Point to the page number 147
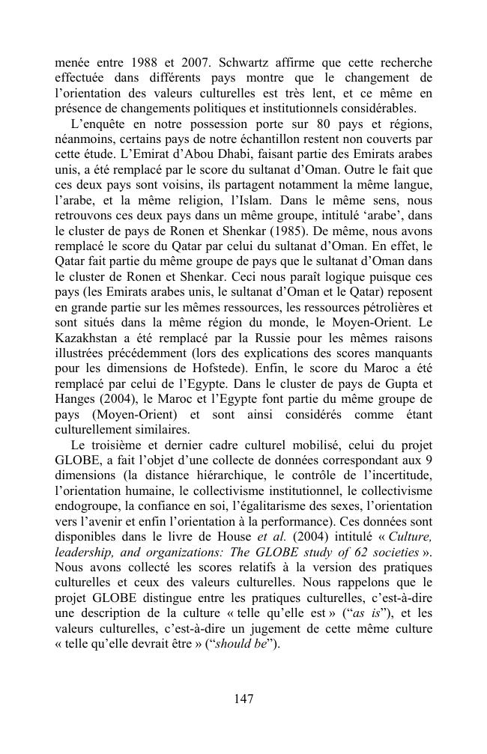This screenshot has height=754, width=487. (x=243, y=699)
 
